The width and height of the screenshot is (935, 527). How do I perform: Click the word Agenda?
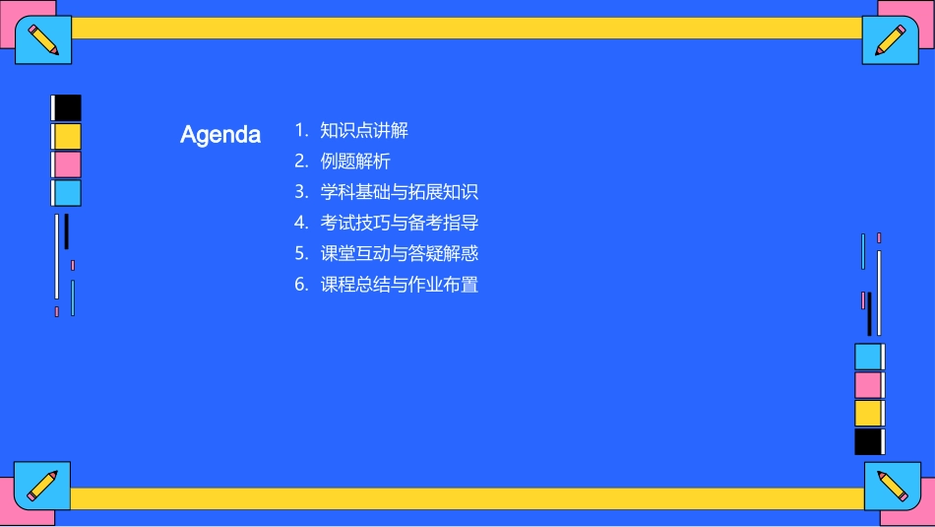[x=220, y=135]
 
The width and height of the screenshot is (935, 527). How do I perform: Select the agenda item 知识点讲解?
[x=363, y=130]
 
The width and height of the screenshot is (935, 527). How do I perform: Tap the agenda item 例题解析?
[x=355, y=161]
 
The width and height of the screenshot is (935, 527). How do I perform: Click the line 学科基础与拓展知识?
[x=399, y=192]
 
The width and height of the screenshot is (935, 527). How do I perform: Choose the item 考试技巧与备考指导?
[x=399, y=223]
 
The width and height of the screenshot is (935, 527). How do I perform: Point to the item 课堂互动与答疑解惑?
[x=399, y=253]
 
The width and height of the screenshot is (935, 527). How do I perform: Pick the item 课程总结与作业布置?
[x=399, y=285]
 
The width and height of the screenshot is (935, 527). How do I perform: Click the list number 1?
[x=300, y=130]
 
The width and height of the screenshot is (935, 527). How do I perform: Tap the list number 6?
[x=301, y=285]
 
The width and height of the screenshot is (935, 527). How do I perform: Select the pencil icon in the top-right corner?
[x=891, y=40]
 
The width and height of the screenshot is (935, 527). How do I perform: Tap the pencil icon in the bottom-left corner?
[x=42, y=485]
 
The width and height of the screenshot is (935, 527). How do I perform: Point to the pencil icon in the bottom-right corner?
[x=892, y=486]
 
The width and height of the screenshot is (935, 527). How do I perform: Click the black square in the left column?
[x=67, y=108]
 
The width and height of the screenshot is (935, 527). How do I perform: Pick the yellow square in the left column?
[x=67, y=136]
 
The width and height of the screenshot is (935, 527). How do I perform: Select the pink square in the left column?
[x=67, y=165]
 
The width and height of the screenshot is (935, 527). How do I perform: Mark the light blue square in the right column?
[x=868, y=357]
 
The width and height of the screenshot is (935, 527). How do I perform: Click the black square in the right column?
[x=868, y=441]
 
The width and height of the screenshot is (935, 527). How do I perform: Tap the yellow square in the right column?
[x=868, y=413]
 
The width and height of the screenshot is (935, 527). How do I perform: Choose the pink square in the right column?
[x=868, y=385]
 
